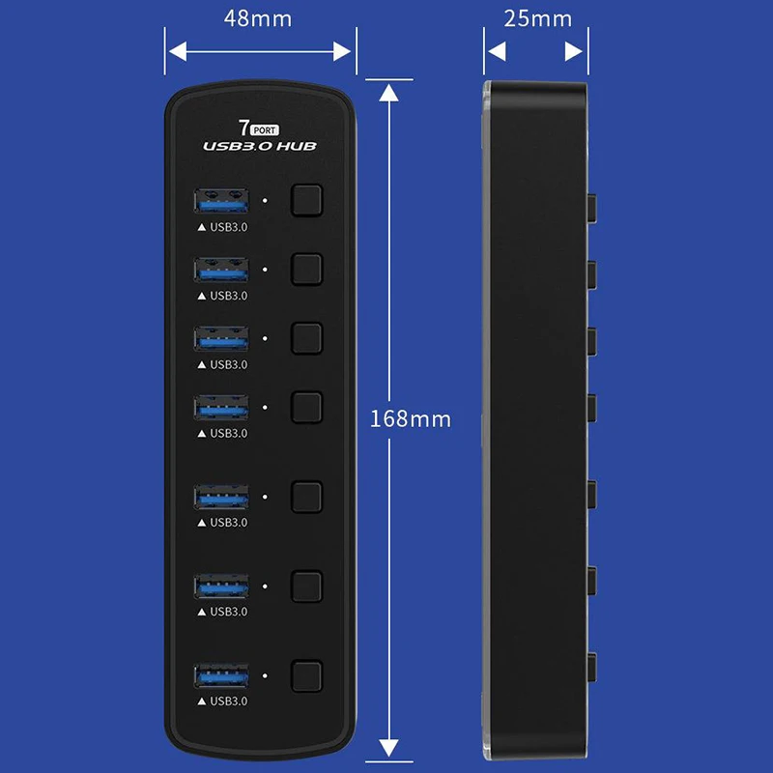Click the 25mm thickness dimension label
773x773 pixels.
(x=537, y=18)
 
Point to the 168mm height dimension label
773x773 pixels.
(x=411, y=419)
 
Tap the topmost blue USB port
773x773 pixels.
(x=221, y=201)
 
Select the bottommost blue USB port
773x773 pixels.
(x=221, y=674)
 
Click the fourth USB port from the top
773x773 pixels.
(x=221, y=407)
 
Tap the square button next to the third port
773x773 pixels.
(x=306, y=337)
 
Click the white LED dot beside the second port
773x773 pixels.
(x=266, y=270)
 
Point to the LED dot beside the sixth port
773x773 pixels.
(x=266, y=586)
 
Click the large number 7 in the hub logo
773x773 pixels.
(x=243, y=128)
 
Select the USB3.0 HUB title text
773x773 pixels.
(x=260, y=146)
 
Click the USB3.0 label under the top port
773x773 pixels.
(x=223, y=226)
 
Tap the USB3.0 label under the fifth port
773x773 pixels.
(x=223, y=522)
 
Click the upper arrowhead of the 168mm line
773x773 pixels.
(x=388, y=93)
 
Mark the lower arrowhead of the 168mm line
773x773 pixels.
(x=388, y=748)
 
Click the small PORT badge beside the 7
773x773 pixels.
(x=264, y=129)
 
